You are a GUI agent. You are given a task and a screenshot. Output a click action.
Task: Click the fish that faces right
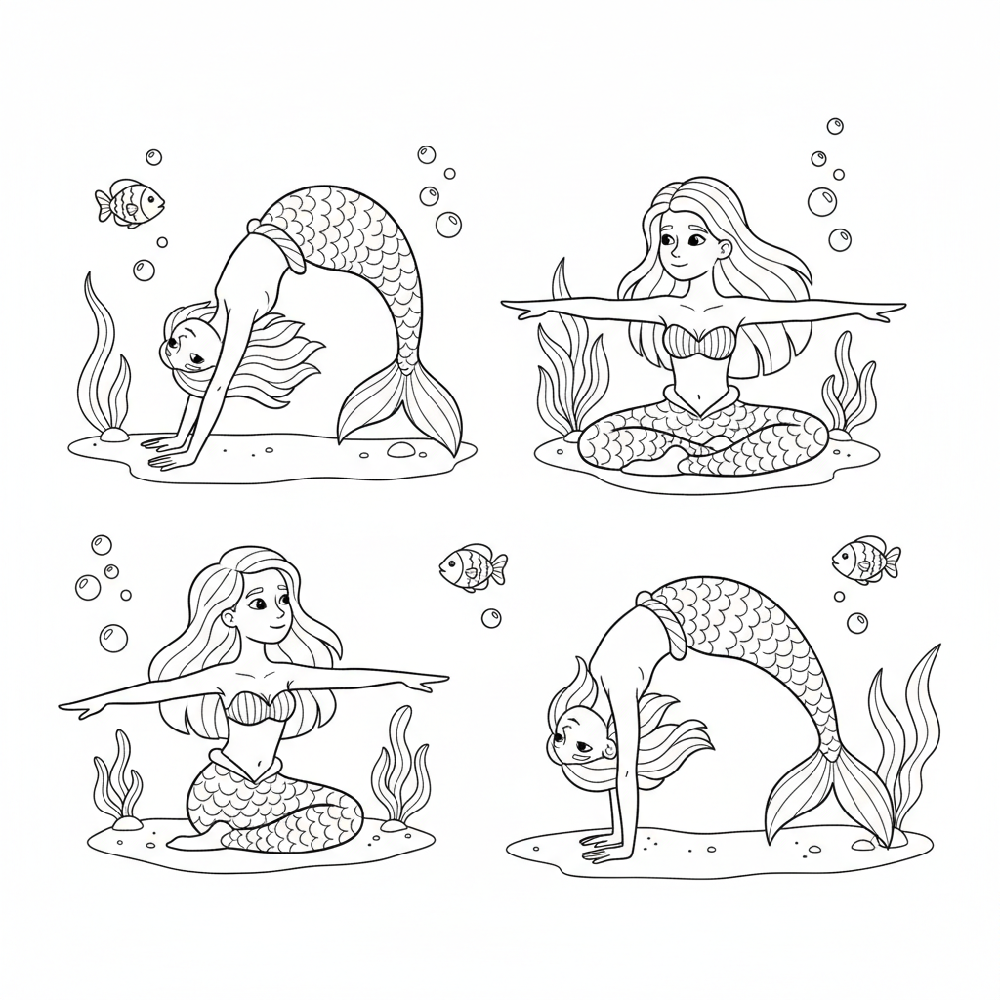pyautogui.click(x=131, y=203)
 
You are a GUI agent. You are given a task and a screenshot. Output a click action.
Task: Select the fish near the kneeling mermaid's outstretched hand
pyautogui.click(x=473, y=567)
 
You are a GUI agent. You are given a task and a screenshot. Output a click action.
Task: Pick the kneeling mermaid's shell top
pyautogui.click(x=258, y=704)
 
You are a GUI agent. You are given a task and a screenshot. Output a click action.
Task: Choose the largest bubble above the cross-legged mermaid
pyautogui.click(x=821, y=202)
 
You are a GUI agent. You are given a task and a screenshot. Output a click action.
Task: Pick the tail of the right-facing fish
pyautogui.click(x=103, y=204)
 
